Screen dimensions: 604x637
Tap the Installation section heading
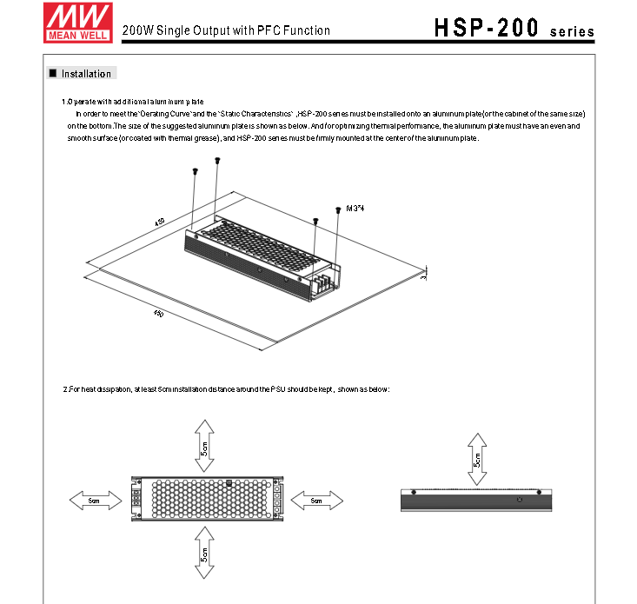(86, 74)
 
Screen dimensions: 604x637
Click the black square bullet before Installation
(53, 74)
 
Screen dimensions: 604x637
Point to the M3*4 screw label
(355, 209)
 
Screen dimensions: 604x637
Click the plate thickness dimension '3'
(423, 277)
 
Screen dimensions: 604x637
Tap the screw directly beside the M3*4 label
(337, 209)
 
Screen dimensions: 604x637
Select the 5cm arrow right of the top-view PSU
(316, 501)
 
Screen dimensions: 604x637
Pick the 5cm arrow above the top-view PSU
(203, 445)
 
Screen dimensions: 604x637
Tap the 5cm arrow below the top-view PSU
(203, 553)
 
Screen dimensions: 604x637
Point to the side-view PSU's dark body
(475, 501)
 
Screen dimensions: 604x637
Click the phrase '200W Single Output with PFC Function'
(226, 30)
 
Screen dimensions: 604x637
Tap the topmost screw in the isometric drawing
(217, 160)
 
